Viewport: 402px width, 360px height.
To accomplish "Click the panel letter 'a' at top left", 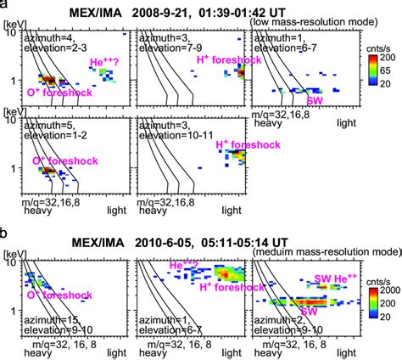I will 5,5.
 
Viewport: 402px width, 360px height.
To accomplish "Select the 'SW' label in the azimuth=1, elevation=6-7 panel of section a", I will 315,100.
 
